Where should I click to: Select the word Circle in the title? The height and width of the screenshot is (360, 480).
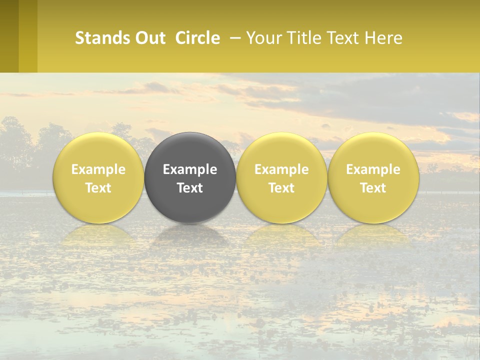coord(197,38)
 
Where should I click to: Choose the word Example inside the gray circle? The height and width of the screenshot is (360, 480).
coord(190,169)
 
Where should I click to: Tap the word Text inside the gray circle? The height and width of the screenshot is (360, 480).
coord(190,188)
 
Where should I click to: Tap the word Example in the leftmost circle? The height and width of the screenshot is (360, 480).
coord(98,169)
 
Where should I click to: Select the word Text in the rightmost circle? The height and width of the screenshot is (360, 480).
coord(373,188)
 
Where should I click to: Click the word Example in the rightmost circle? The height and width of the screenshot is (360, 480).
coord(373,169)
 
